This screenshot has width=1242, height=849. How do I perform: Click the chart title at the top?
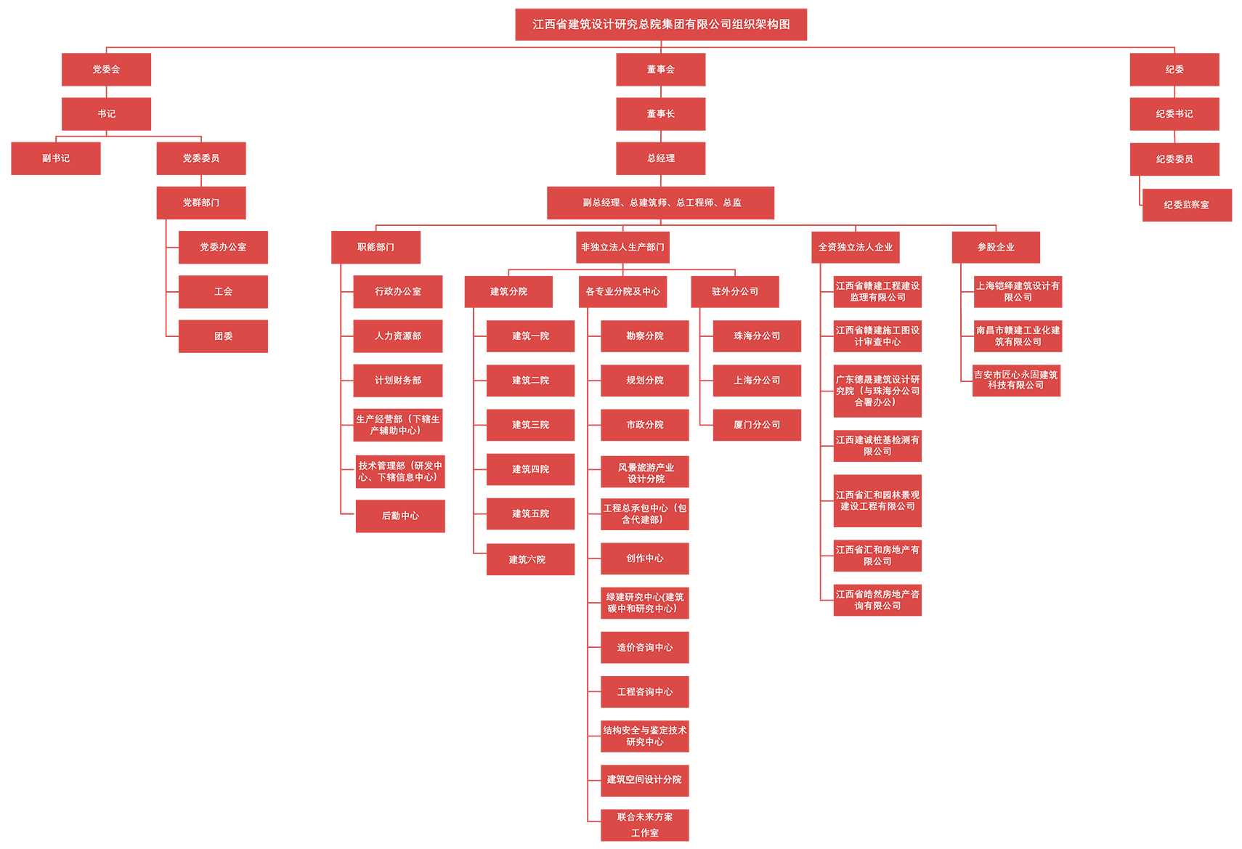[x=661, y=24]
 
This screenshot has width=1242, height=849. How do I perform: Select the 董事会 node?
[x=661, y=70]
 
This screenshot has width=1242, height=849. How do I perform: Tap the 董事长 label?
[x=661, y=114]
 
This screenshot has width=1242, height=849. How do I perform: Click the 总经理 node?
[x=661, y=158]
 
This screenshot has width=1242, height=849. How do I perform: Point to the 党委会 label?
[x=106, y=70]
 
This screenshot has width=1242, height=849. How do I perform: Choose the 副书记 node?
[x=56, y=158]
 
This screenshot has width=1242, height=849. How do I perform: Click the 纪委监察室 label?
[x=1186, y=205]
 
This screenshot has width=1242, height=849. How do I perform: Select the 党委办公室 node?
[x=223, y=247]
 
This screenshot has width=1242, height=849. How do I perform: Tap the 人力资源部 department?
[x=398, y=336]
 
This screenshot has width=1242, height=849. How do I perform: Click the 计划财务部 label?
[x=398, y=381]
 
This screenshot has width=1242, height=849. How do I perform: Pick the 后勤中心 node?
[x=400, y=516]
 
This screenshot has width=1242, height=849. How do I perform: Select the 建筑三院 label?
[x=530, y=425]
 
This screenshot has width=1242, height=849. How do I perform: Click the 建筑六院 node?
[x=527, y=559]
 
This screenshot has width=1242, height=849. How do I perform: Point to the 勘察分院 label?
[x=645, y=336]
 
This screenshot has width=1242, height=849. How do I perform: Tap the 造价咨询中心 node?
[x=645, y=647]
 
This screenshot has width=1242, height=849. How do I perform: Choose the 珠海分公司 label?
[x=757, y=336]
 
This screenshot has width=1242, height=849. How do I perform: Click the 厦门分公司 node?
[x=757, y=425]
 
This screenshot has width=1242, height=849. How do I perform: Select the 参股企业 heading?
[x=996, y=247]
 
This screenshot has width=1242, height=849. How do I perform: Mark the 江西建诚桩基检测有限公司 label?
[x=877, y=446]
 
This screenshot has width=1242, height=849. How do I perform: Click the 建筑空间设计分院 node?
[x=644, y=779]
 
